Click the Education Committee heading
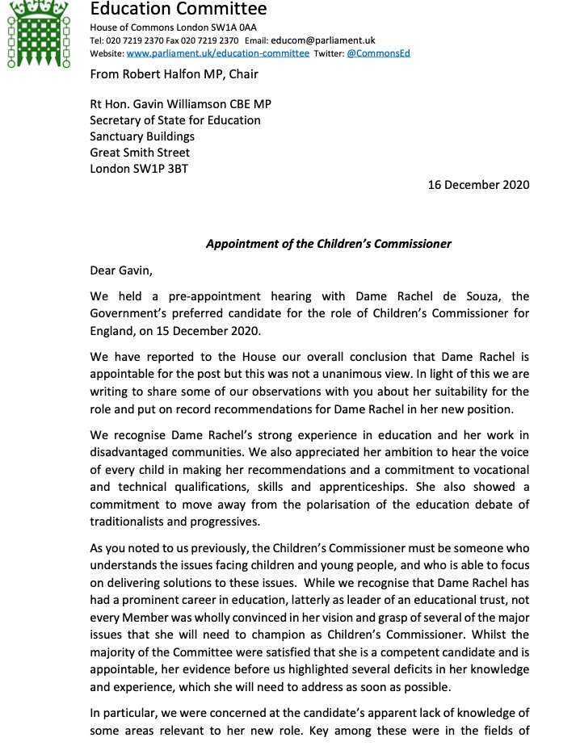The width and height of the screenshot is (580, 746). click(178, 10)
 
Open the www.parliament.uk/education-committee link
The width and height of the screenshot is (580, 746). click(218, 53)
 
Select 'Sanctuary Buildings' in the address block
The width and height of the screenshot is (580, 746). click(142, 136)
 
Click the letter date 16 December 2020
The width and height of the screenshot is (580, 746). click(478, 184)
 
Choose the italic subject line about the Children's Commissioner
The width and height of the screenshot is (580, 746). click(328, 243)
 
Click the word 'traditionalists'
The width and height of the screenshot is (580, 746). click(137, 521)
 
